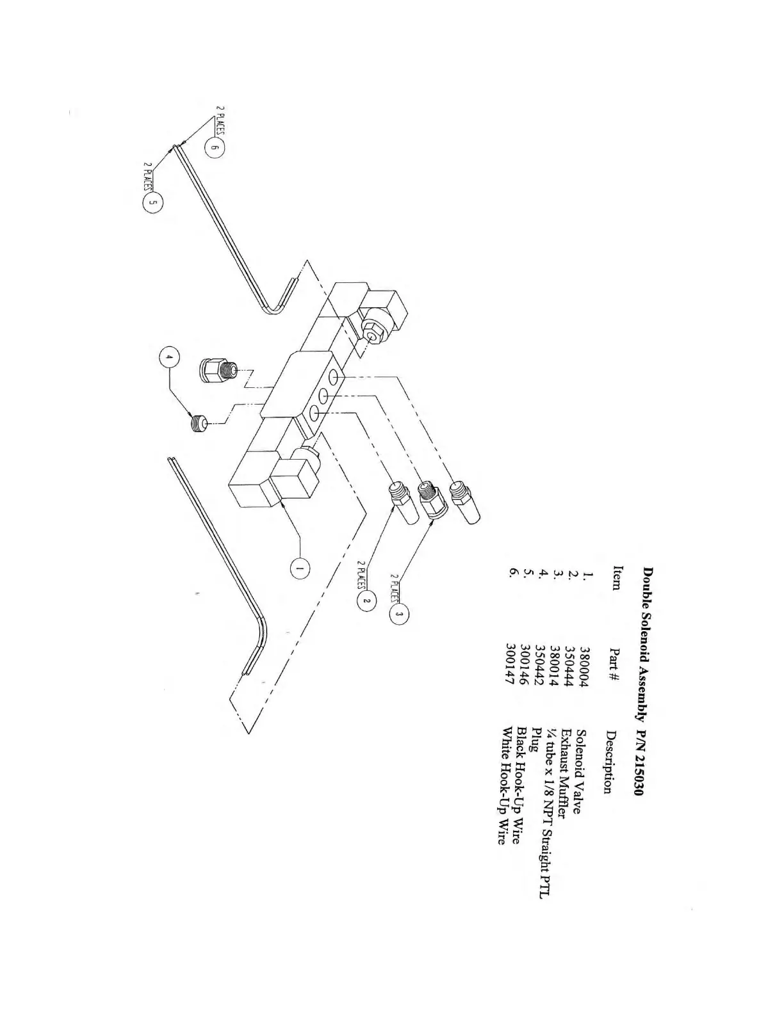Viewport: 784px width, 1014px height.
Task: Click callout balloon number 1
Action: [298, 567]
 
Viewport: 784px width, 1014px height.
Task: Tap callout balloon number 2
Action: [366, 600]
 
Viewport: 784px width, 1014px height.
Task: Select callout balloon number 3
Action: [399, 615]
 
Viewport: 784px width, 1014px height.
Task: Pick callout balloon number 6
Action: [215, 149]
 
